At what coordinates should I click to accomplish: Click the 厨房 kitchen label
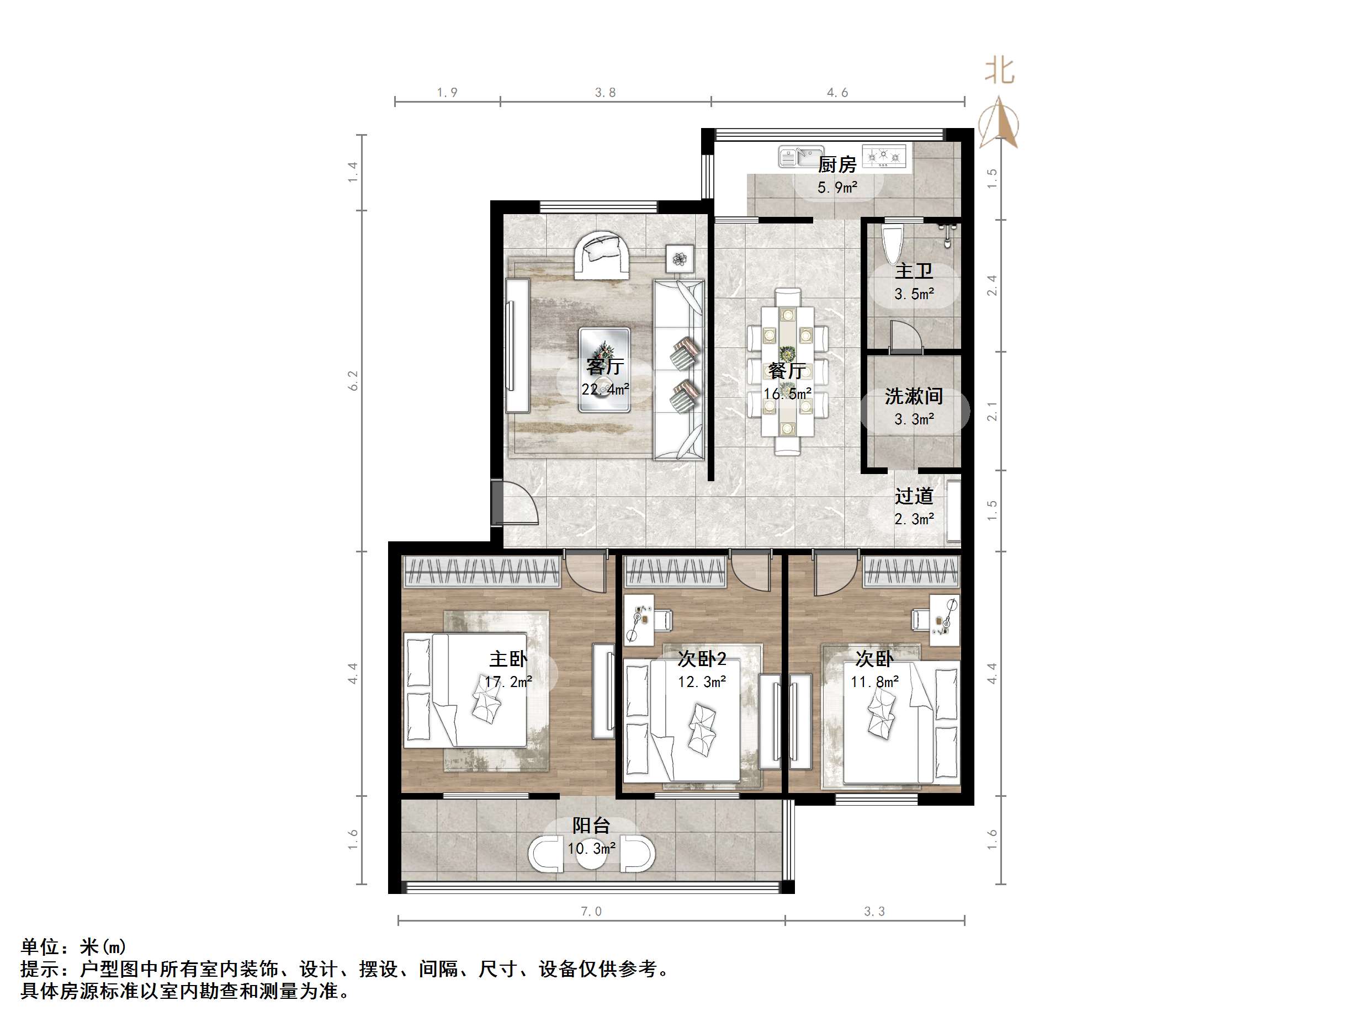(837, 165)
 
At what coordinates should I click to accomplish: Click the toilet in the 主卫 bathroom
(892, 244)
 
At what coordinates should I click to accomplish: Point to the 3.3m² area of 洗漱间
(914, 419)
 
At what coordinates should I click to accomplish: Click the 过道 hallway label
(914, 496)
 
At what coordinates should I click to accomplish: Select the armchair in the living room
(602, 255)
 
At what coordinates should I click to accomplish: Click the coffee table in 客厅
(604, 370)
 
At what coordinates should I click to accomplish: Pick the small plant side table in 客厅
(680, 259)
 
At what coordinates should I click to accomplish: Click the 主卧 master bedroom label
(508, 659)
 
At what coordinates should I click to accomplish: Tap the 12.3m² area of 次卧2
(702, 682)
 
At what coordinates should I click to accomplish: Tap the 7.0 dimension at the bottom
(591, 911)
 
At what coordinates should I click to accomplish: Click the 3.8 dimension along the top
(605, 92)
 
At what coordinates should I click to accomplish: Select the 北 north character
(999, 70)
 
